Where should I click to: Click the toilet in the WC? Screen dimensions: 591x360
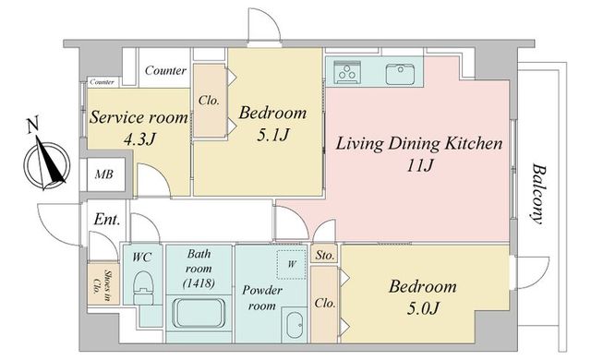click(144, 287)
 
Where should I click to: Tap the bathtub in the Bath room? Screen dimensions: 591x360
click(199, 313)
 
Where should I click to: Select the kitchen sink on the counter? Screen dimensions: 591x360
click(400, 74)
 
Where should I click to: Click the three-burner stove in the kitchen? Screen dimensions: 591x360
click(348, 71)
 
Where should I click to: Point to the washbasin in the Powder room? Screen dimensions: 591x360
click(294, 325)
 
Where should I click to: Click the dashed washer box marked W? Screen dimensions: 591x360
click(291, 264)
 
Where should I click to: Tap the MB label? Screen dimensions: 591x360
click(103, 174)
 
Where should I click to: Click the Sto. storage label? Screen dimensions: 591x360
click(324, 256)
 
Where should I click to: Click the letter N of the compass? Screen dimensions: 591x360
click(33, 125)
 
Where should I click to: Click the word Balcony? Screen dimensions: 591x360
click(538, 194)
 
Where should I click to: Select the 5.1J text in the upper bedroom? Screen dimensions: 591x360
click(273, 135)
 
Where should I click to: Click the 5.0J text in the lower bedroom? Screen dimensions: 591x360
click(423, 308)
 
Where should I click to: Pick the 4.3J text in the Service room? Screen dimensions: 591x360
click(139, 139)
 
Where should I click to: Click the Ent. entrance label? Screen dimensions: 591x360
click(107, 219)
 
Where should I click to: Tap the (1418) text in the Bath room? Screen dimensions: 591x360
click(199, 282)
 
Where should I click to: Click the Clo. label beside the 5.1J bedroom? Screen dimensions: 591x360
click(209, 101)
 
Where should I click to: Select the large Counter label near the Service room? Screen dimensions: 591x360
click(165, 70)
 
